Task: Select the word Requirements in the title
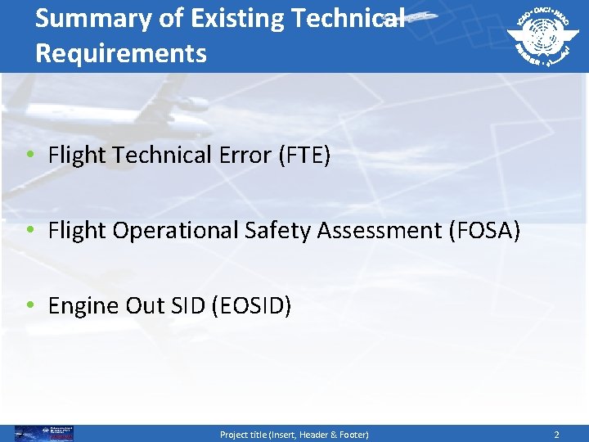(x=121, y=53)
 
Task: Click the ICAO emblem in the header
(x=541, y=35)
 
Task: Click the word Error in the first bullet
(x=248, y=155)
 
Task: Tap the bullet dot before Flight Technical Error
(x=29, y=156)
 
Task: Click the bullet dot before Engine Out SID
(x=29, y=306)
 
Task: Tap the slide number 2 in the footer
(x=556, y=435)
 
